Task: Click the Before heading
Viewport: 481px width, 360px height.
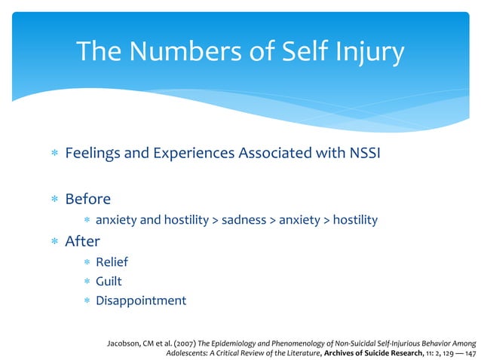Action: (87, 199)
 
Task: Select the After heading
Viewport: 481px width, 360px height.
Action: (82, 243)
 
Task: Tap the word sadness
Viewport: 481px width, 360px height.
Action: (245, 220)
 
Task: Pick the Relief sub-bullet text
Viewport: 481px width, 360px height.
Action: (112, 262)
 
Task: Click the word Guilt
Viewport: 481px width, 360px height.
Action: (110, 281)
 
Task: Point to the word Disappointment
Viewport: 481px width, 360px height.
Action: (141, 300)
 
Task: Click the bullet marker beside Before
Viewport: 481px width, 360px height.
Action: (54, 200)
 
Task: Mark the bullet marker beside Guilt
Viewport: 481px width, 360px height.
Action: (87, 282)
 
